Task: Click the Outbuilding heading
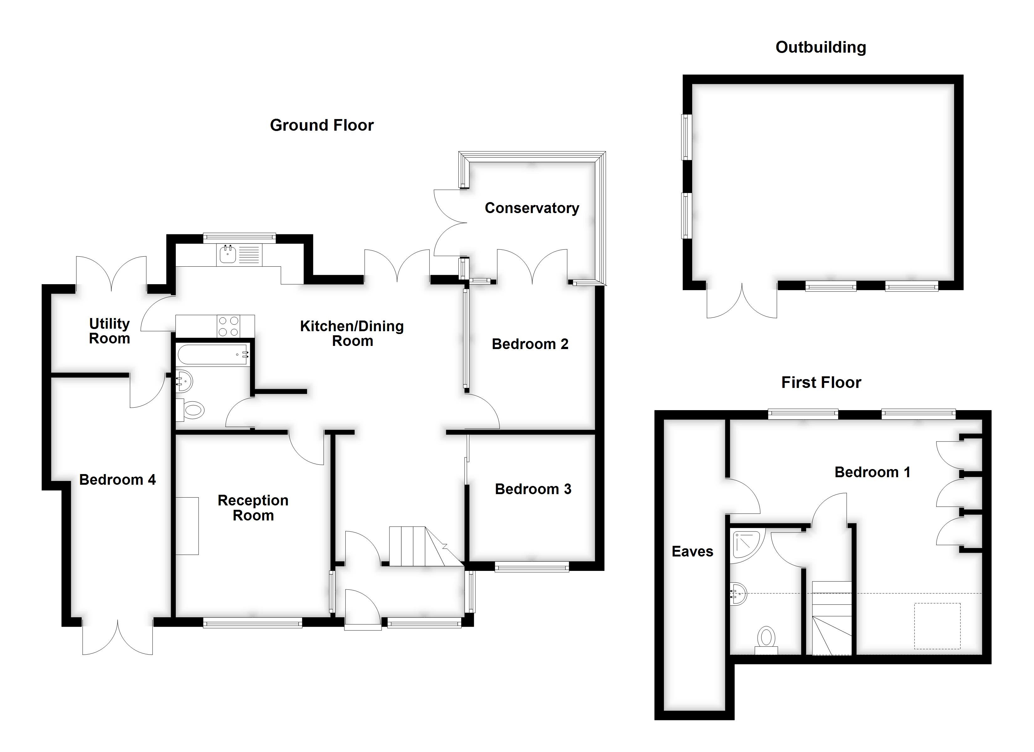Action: pos(820,47)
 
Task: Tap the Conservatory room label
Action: pos(532,208)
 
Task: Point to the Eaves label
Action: pos(692,551)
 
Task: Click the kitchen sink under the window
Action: pos(228,254)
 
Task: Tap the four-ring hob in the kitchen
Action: pos(228,326)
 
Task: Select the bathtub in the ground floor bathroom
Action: pos(212,354)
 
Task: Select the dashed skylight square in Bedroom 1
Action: pos(937,626)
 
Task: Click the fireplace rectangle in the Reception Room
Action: pos(187,526)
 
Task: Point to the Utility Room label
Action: pos(109,331)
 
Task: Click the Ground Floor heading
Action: pos(321,125)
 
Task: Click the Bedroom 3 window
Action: pos(532,567)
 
